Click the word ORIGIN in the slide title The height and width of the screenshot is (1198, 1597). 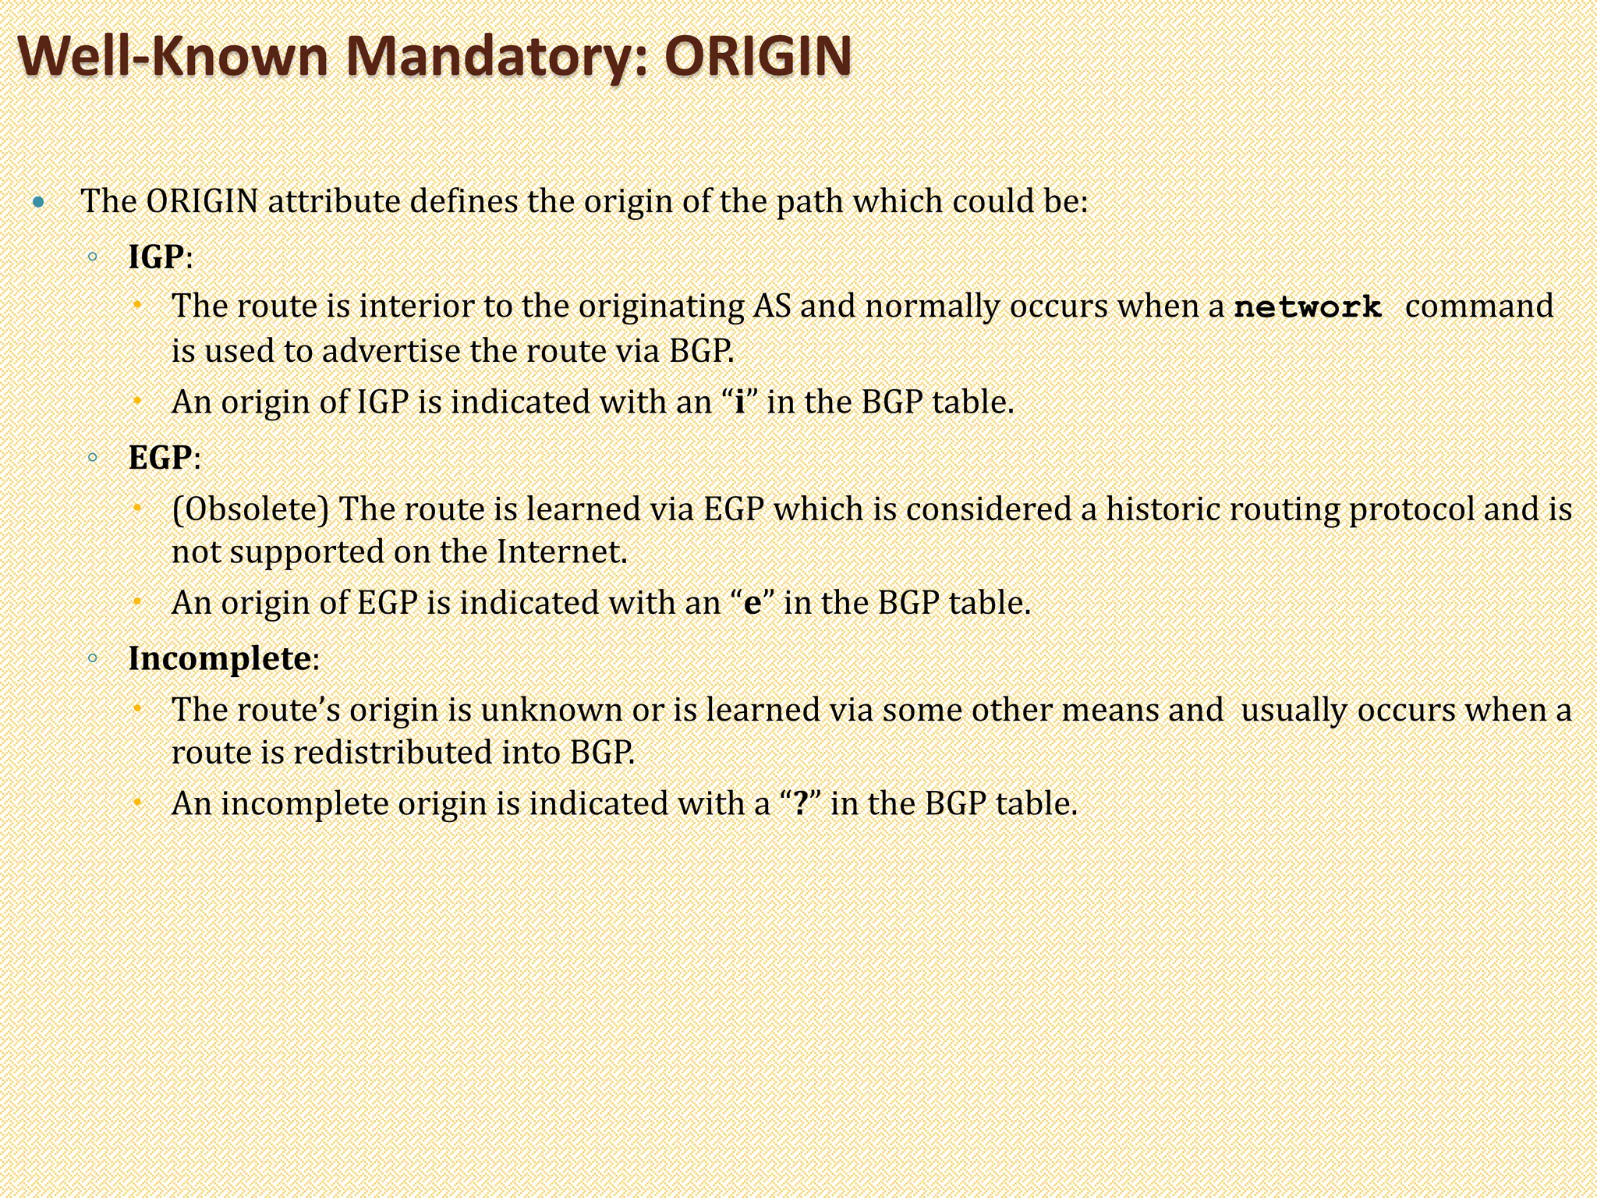pyautogui.click(x=757, y=56)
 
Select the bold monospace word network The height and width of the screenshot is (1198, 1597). pyautogui.click(x=1308, y=307)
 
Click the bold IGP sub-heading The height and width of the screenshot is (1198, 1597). pyautogui.click(x=157, y=257)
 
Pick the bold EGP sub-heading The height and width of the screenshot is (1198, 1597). pyautogui.click(x=160, y=458)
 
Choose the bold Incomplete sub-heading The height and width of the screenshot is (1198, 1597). pyautogui.click(x=219, y=658)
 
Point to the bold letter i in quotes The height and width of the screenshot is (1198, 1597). pyautogui.click(x=740, y=402)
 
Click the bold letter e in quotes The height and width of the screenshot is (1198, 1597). pyautogui.click(x=752, y=603)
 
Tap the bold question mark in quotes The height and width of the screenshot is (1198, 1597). pyautogui.click(x=800, y=803)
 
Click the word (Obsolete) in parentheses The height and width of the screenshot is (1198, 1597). pyautogui.click(x=250, y=509)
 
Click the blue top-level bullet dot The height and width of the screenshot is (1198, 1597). pyautogui.click(x=39, y=204)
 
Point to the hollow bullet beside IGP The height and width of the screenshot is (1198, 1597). pyautogui.click(x=93, y=257)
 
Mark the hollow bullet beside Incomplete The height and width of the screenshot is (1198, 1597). pyautogui.click(x=93, y=658)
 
